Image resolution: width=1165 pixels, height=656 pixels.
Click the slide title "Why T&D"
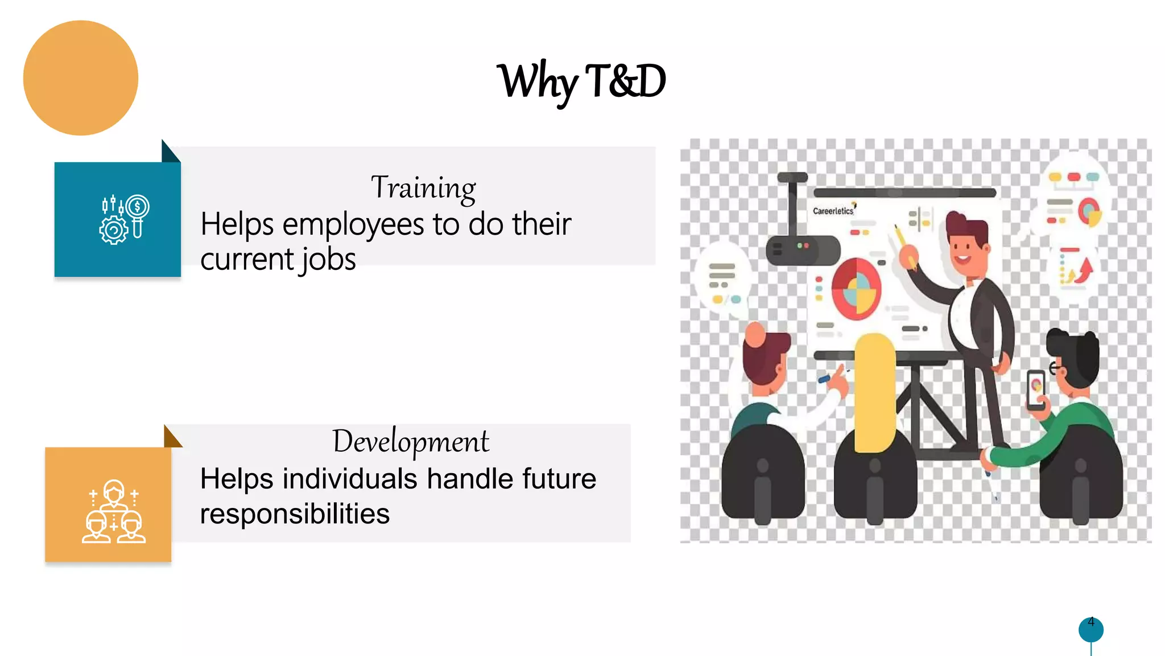pos(581,81)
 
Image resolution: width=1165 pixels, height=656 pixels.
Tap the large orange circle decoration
pos(81,78)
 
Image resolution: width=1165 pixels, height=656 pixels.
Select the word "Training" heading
pos(423,187)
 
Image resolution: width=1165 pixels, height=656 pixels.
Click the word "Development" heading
pos(410,441)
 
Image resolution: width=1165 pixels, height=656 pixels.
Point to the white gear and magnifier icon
pos(124,219)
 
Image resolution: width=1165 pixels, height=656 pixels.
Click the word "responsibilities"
pos(295,514)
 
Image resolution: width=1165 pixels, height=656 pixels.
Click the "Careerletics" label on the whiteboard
pos(833,211)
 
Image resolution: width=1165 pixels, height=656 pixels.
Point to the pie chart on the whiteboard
pos(856,289)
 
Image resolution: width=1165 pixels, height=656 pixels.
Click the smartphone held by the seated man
pos(1036,389)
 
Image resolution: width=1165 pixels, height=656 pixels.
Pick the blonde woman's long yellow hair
pos(874,393)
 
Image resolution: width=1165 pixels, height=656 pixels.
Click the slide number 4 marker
pos(1090,628)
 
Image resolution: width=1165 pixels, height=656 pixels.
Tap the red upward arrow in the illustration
pos(1085,269)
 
